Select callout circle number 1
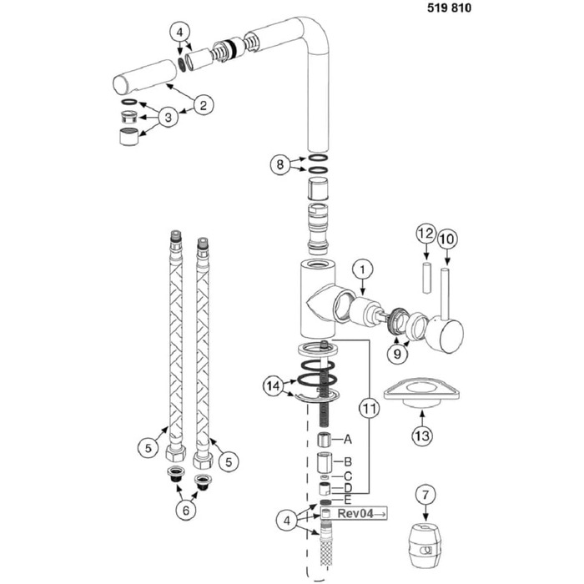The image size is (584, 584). [x=362, y=269]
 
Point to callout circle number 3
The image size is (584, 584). [x=169, y=118]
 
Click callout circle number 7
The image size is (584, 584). [x=425, y=496]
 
